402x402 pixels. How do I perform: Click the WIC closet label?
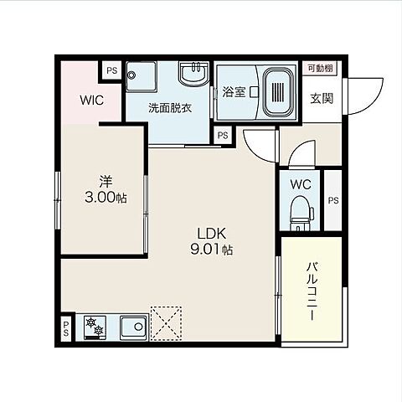[92, 100]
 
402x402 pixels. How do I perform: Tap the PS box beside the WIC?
[112, 70]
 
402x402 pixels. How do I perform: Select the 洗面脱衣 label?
[170, 108]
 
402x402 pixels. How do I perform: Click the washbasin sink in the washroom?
[194, 73]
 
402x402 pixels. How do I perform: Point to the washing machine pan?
[141, 76]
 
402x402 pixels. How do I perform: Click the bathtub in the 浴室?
[279, 92]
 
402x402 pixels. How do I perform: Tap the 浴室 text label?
[234, 92]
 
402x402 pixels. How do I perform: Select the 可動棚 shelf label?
[320, 68]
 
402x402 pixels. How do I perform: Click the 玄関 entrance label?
[322, 98]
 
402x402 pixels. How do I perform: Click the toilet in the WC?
[301, 213]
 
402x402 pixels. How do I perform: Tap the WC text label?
[301, 184]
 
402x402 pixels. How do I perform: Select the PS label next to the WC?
[333, 200]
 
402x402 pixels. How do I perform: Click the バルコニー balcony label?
[312, 291]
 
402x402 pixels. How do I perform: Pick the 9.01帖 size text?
[212, 250]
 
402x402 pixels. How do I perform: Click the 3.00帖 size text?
[106, 198]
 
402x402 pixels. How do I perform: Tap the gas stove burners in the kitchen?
[95, 327]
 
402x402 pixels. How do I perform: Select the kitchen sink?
[134, 327]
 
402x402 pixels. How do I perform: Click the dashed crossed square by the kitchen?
[166, 323]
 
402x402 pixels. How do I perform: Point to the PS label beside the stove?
[66, 328]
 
